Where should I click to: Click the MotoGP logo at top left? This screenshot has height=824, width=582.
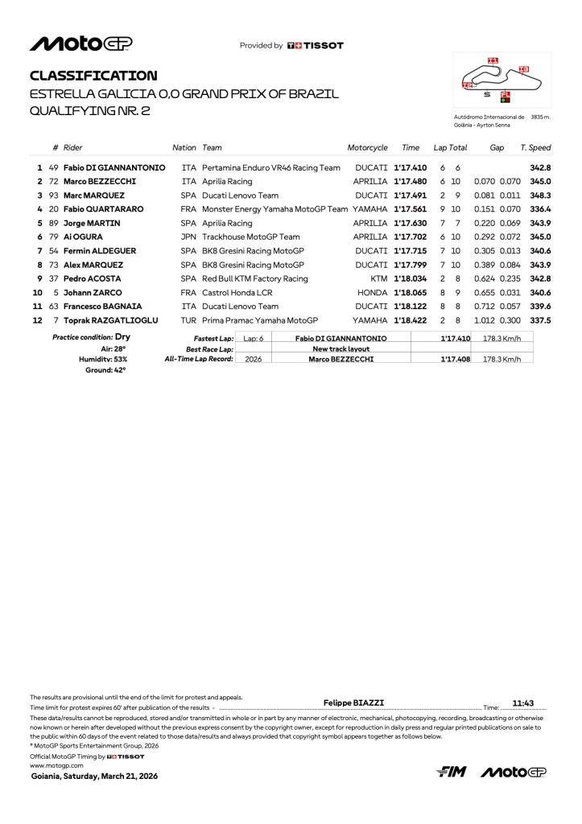tap(80, 43)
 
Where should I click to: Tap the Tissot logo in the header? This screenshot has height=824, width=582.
tap(315, 46)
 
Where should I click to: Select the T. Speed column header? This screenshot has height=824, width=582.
tap(535, 148)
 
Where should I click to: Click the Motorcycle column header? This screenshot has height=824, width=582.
tap(367, 148)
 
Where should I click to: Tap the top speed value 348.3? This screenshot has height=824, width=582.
tap(540, 195)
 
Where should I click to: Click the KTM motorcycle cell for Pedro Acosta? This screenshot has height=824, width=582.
tap(378, 278)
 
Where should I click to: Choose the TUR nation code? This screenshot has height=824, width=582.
tap(188, 320)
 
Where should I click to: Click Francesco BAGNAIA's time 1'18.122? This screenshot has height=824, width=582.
tap(409, 307)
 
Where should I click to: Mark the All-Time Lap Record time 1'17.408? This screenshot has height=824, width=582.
tap(456, 359)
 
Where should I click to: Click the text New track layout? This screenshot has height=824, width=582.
tap(341, 348)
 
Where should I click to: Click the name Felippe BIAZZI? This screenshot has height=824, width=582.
tap(353, 702)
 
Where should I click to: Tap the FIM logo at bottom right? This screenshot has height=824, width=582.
tap(452, 772)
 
